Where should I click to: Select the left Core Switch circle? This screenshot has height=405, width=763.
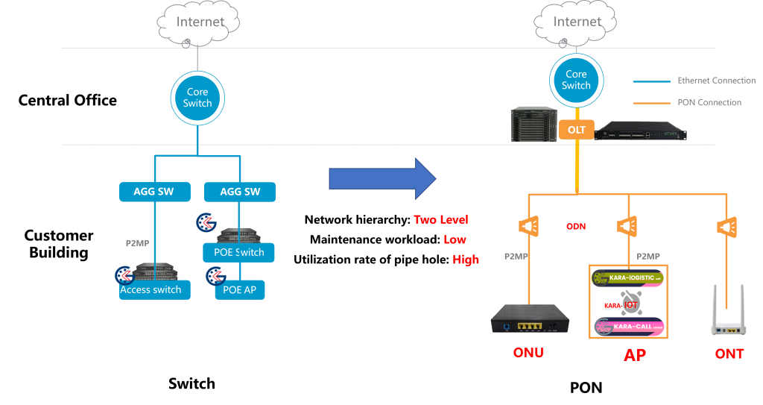tap(197, 98)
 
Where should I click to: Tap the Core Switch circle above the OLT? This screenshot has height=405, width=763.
tap(576, 80)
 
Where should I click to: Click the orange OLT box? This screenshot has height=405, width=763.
tap(576, 130)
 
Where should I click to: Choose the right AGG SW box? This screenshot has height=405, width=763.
tap(240, 192)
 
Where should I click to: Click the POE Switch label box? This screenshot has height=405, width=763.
tap(239, 253)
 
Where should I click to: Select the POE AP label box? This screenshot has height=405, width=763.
tap(239, 290)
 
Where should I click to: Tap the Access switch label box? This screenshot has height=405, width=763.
tap(154, 290)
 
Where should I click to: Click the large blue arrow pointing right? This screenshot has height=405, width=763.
tap(381, 178)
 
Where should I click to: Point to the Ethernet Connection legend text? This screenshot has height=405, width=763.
tap(716, 81)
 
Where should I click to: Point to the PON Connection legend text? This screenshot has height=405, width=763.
tap(709, 102)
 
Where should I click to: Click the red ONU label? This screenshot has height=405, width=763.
tap(528, 353)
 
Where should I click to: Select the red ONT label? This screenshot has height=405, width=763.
tap(729, 354)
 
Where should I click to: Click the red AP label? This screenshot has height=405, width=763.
tap(634, 356)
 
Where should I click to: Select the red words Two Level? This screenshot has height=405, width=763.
tap(441, 220)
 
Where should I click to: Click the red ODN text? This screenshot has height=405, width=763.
tap(576, 225)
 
